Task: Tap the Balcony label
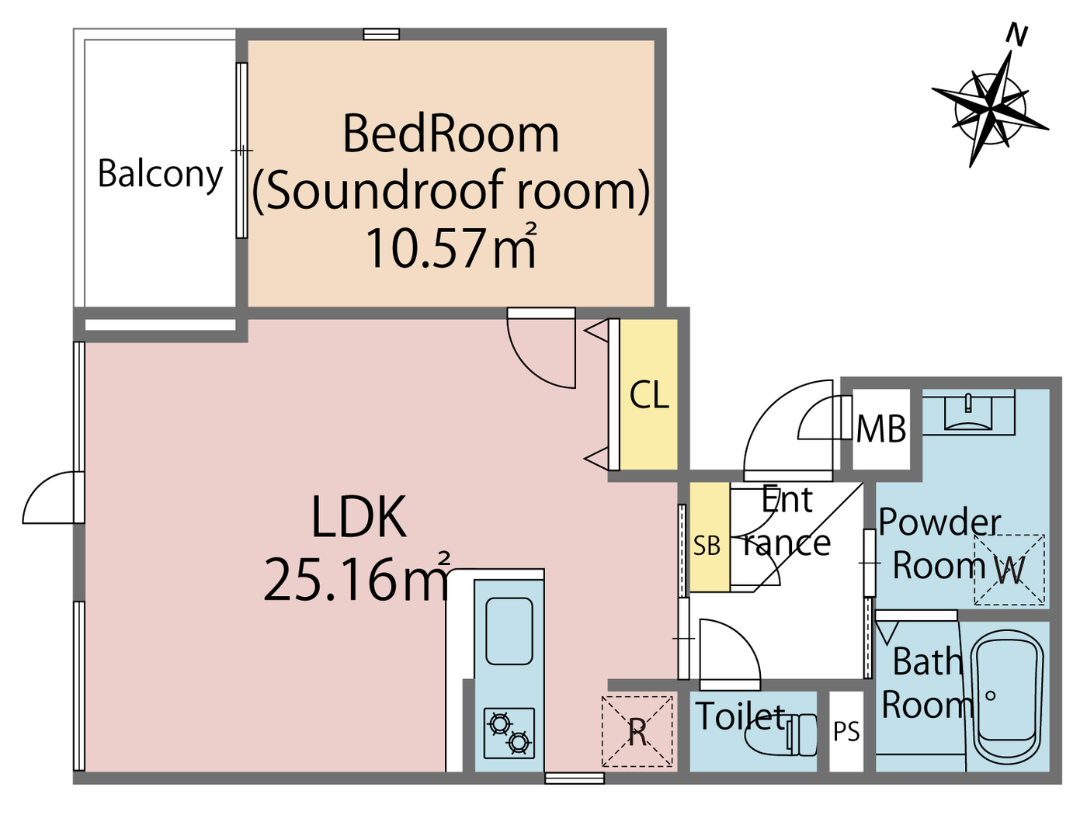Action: (x=160, y=174)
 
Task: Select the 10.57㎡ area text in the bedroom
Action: (x=450, y=248)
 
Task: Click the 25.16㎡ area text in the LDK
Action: (x=357, y=580)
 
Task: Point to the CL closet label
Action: (x=648, y=395)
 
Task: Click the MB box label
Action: (x=881, y=429)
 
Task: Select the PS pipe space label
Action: (x=846, y=731)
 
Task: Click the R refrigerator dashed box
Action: (x=637, y=731)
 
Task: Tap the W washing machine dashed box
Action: (x=1009, y=570)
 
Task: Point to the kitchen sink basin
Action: (x=509, y=630)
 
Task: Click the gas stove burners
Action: (x=509, y=733)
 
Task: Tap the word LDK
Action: (x=359, y=518)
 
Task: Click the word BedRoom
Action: (x=450, y=134)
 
